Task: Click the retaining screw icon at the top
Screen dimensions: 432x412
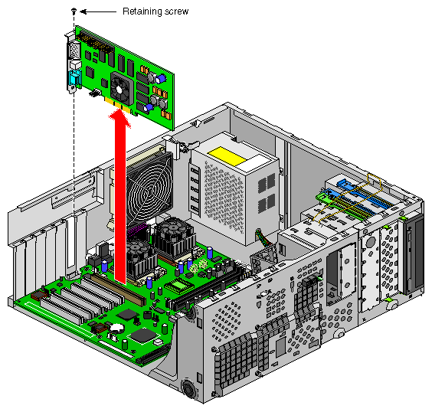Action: tap(74, 11)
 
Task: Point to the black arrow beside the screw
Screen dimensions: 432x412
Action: tap(98, 11)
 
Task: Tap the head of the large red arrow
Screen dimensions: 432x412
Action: tap(119, 118)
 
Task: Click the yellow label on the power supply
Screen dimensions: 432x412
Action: tap(227, 155)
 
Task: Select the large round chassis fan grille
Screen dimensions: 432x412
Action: tap(149, 188)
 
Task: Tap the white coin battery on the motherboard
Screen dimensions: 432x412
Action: tap(116, 327)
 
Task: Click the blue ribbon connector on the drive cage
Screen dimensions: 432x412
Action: tap(363, 195)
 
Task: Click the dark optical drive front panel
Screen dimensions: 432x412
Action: tap(414, 253)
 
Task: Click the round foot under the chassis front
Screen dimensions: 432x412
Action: tap(188, 388)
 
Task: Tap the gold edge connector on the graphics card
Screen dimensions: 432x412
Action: tap(119, 106)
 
